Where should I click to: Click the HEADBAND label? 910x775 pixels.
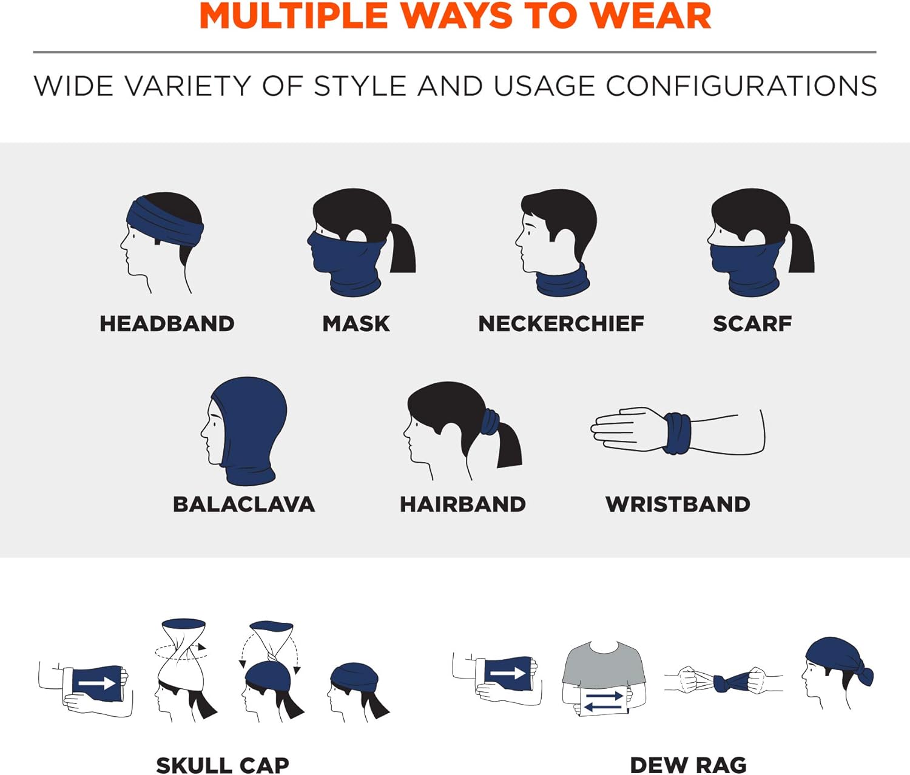click(167, 324)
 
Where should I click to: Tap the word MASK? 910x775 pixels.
click(356, 324)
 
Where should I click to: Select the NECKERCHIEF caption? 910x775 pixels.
click(561, 324)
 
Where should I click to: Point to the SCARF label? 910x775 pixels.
click(752, 324)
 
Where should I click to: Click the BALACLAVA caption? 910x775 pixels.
click(244, 505)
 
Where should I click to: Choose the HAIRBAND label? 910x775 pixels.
click(463, 505)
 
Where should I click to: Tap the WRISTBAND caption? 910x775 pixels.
click(678, 505)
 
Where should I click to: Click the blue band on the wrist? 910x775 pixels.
click(677, 433)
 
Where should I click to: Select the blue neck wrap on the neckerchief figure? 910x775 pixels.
click(562, 283)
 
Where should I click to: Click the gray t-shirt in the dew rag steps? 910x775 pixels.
click(604, 667)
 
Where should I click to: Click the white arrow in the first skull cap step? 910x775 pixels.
click(97, 684)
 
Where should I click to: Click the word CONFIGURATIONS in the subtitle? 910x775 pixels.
click(741, 86)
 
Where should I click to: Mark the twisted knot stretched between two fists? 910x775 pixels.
click(724, 682)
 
